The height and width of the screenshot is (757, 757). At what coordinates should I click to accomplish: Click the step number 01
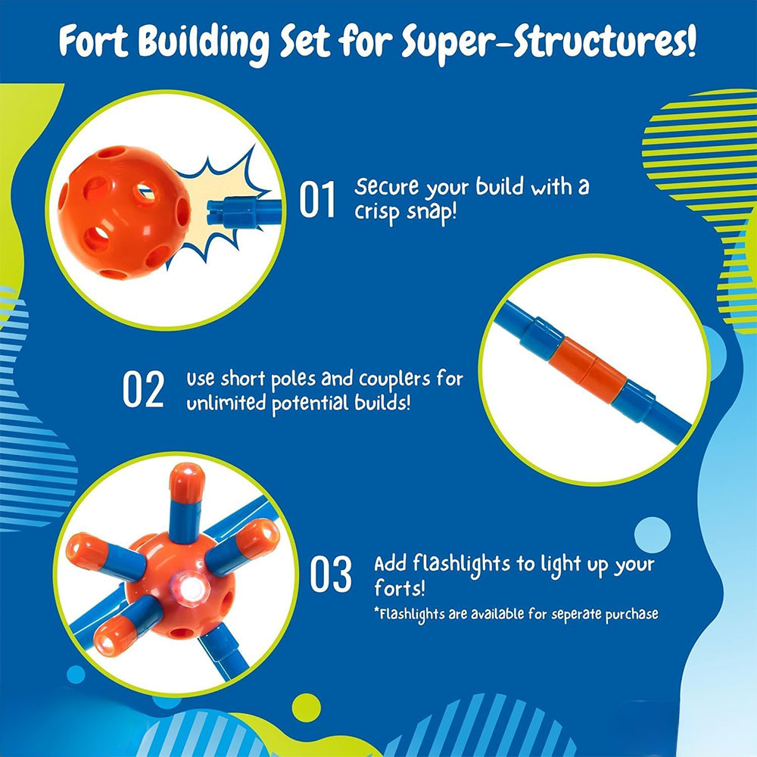[x=316, y=199]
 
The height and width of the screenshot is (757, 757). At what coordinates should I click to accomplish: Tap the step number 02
[x=143, y=389]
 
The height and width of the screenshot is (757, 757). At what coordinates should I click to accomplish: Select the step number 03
[x=332, y=574]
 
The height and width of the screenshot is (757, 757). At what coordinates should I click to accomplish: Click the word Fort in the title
[x=94, y=42]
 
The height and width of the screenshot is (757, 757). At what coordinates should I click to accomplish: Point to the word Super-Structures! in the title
[x=549, y=43]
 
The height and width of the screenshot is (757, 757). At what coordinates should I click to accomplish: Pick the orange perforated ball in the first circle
[x=124, y=212]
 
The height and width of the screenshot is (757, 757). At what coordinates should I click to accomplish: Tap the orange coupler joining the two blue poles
[x=587, y=370]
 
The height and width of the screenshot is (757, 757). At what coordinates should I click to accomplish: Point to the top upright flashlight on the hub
[x=186, y=502]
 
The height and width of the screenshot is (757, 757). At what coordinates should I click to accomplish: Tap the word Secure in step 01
[x=386, y=187]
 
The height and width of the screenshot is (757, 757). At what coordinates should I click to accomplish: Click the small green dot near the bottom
[x=306, y=708]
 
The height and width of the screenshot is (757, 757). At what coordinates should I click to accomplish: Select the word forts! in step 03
[x=400, y=588]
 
